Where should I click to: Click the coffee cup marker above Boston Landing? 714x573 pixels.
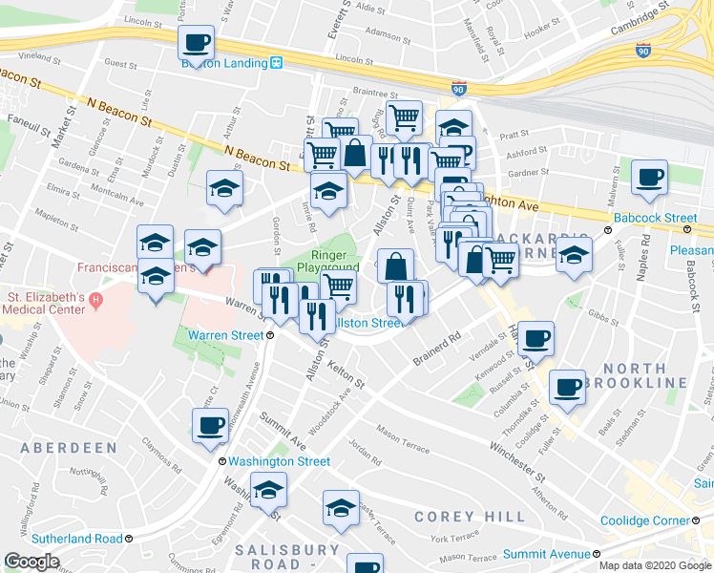[196, 43]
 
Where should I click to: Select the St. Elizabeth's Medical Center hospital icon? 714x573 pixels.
[94, 302]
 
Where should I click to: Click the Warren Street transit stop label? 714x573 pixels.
[225, 335]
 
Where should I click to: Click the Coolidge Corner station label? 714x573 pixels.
[645, 521]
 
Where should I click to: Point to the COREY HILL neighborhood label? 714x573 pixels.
[470, 517]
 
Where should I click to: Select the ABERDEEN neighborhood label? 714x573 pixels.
[69, 448]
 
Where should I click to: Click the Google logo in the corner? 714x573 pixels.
[31, 562]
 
